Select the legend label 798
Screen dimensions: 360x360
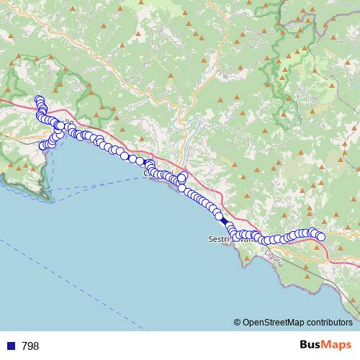tap(30, 346)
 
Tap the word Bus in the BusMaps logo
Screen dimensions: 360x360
tap(312, 346)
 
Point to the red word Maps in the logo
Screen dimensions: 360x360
tap(338, 346)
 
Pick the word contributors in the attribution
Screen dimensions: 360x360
tap(331, 323)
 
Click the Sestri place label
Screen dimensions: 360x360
tap(218, 238)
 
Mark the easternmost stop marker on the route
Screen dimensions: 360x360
tap(321, 237)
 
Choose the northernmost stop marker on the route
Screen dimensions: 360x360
tap(39, 100)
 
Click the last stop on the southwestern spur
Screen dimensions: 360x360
tap(43, 145)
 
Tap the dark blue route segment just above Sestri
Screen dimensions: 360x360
tap(224, 221)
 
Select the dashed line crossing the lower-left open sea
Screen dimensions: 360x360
tap(29, 252)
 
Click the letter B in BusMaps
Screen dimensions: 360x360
tap(303, 346)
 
